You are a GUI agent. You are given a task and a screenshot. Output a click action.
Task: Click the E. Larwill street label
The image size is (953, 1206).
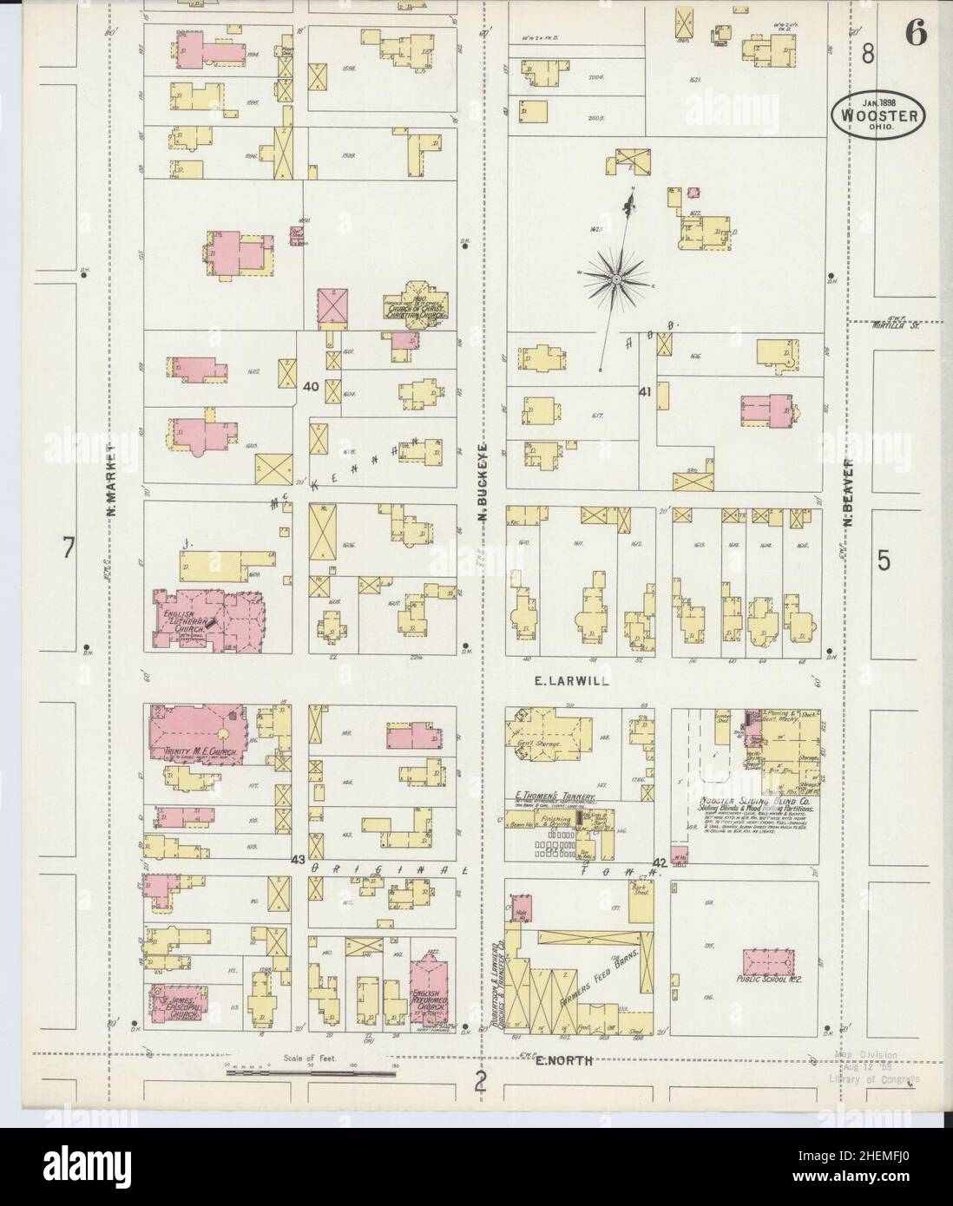(571, 681)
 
